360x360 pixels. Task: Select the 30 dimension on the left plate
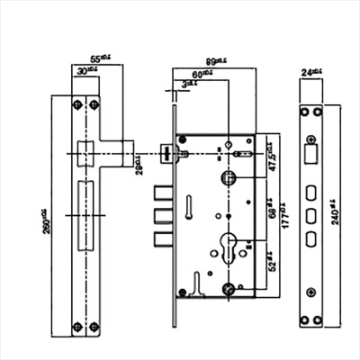tap(84, 70)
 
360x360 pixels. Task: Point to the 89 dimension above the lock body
tap(213, 60)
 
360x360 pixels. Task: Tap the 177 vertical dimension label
tap(281, 218)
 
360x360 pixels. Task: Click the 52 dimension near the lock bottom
tap(272, 262)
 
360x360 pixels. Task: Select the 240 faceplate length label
tap(337, 215)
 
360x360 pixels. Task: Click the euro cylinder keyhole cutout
tap(229, 247)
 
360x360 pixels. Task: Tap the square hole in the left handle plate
tap(86, 152)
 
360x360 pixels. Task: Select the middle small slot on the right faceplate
tap(310, 216)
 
